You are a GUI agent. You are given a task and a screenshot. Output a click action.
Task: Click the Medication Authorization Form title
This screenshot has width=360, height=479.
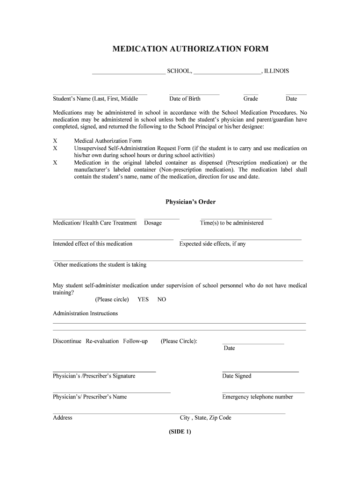(190, 49)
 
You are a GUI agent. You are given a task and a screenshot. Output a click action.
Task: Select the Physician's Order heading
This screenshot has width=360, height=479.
(190, 202)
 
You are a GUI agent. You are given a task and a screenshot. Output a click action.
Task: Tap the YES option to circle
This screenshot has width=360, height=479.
(143, 299)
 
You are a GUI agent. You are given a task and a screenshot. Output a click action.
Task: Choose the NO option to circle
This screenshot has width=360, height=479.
(162, 299)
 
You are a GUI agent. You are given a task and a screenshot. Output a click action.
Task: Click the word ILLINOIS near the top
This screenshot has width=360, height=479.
(276, 71)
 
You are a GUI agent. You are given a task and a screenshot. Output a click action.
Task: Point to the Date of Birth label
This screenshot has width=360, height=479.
(185, 99)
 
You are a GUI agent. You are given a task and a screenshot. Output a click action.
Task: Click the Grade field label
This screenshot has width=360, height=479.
(251, 99)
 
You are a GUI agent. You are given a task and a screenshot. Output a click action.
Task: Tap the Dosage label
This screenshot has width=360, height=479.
(153, 223)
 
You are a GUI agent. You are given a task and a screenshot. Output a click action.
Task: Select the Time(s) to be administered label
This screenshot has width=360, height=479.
(232, 223)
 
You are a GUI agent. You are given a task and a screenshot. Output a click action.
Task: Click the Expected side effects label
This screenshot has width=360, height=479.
(212, 244)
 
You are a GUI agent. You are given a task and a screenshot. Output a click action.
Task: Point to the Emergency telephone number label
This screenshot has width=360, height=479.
(258, 397)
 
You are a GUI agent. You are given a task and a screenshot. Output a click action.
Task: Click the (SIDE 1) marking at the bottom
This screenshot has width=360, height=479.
(180, 432)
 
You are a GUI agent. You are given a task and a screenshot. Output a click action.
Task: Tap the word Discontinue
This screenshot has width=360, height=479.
(67, 341)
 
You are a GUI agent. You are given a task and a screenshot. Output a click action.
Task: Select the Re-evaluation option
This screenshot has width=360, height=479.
(102, 341)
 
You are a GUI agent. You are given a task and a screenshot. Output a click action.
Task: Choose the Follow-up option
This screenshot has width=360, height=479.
(136, 341)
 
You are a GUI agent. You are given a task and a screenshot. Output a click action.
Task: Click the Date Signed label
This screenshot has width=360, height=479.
(237, 376)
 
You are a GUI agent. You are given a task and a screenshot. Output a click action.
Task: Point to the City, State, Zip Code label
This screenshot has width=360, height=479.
(206, 418)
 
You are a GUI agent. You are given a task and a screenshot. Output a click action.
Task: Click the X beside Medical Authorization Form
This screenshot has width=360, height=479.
(55, 141)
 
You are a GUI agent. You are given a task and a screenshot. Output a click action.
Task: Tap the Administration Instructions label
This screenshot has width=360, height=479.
(85, 313)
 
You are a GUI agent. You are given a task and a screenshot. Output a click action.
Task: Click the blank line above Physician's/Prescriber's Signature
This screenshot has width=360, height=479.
(104, 371)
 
